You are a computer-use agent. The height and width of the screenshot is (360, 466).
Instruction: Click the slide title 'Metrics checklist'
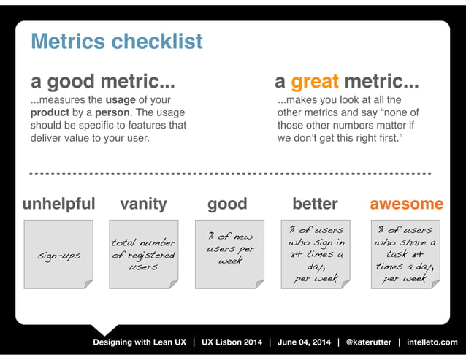pyautogui.click(x=116, y=42)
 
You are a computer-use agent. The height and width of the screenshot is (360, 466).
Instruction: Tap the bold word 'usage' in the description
pyautogui.click(x=121, y=100)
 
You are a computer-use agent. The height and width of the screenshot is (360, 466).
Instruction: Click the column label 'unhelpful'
pyautogui.click(x=58, y=203)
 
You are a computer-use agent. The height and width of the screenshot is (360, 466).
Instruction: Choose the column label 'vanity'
pyautogui.click(x=143, y=203)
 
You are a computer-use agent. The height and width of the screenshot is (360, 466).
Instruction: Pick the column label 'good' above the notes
pyautogui.click(x=227, y=203)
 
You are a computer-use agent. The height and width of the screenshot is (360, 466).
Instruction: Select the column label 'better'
pyautogui.click(x=315, y=203)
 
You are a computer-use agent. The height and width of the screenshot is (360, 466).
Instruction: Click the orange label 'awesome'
pyautogui.click(x=406, y=203)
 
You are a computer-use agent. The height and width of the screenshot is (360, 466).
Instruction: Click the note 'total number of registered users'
pyautogui.click(x=143, y=254)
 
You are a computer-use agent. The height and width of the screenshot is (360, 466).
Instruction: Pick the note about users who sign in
pyautogui.click(x=316, y=254)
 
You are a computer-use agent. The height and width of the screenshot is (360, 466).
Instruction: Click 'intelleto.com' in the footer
pyautogui.click(x=432, y=342)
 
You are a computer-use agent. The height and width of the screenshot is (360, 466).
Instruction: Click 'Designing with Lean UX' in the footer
pyautogui.click(x=139, y=342)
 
